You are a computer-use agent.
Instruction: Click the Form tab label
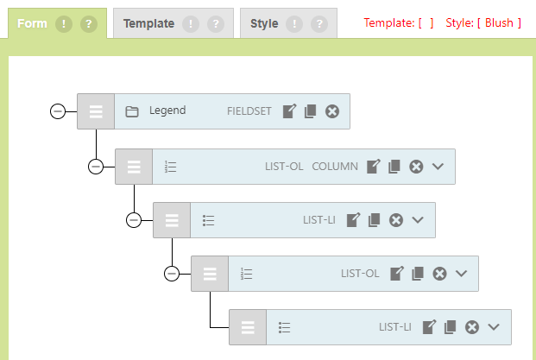(x=32, y=23)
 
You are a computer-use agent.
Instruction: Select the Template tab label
(x=148, y=23)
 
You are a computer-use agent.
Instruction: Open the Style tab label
(x=264, y=23)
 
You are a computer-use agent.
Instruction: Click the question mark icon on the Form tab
(x=88, y=23)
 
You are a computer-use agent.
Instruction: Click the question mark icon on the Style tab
(x=319, y=23)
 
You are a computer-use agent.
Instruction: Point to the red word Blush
(x=499, y=22)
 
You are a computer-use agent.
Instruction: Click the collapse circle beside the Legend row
(x=58, y=111)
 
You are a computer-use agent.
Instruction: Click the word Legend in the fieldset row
(x=167, y=111)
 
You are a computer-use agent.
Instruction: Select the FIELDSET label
(x=249, y=111)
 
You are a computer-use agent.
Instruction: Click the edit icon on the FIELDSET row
(x=290, y=111)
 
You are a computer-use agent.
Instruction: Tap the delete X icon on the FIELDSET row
(x=332, y=111)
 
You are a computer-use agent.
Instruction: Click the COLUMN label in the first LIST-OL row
(x=335, y=167)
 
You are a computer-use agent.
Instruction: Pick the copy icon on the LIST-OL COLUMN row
(x=394, y=167)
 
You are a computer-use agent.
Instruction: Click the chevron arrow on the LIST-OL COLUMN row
(x=438, y=167)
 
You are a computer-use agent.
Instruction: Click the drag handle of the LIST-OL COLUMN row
(x=134, y=167)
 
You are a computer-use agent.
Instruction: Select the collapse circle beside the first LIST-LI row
(x=134, y=220)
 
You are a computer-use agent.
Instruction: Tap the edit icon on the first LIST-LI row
(x=353, y=220)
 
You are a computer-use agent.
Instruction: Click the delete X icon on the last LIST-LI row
(x=472, y=327)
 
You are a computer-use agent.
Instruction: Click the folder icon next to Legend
(x=132, y=111)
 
